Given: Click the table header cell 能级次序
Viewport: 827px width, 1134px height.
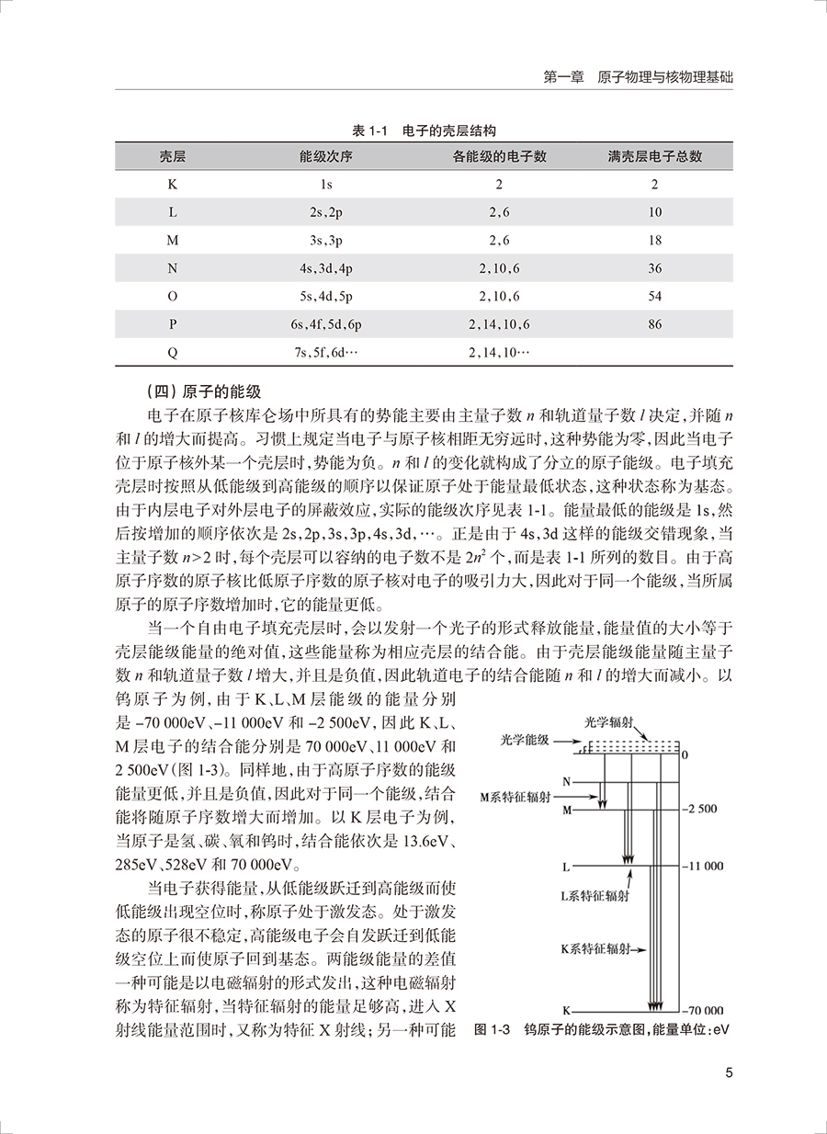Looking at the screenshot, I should [325, 156].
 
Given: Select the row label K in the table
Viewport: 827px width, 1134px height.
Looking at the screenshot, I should [172, 184].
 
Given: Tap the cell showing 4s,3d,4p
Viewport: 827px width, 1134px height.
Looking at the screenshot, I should [325, 268].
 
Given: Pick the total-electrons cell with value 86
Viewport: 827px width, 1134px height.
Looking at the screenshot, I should [654, 324].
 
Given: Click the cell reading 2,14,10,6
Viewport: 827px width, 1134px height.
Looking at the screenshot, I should [500, 324].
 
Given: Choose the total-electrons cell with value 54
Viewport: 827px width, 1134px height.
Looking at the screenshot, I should [654, 296].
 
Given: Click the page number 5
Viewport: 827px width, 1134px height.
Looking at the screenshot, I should [729, 1072].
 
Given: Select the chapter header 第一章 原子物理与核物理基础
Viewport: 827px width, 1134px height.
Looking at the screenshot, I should [639, 77].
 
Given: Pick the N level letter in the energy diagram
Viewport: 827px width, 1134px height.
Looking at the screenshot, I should [567, 782].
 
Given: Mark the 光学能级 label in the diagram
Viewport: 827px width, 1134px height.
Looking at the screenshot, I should [526, 738].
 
